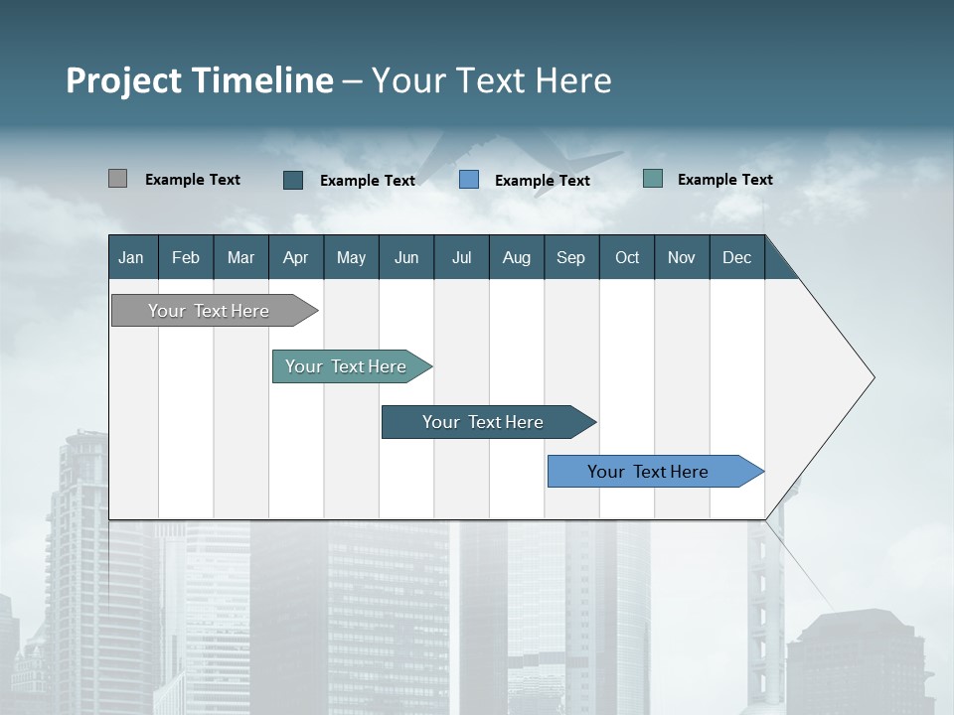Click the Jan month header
point(131,257)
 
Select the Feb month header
point(186,257)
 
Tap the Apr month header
point(295,257)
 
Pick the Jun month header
point(406,257)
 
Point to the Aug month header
point(516,257)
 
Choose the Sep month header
point(570,257)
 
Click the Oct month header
point(627,257)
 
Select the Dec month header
point(736,257)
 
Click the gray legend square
point(117,179)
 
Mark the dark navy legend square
point(293,180)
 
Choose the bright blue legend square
point(469,180)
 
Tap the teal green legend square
point(653,179)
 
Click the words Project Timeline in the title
point(200,80)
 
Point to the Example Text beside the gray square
point(193,180)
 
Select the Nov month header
point(682,257)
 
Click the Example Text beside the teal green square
point(725,180)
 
